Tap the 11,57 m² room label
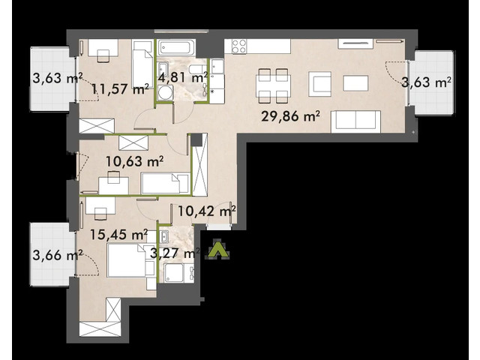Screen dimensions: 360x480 click(x=120, y=90)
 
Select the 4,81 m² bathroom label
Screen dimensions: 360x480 click(x=182, y=77)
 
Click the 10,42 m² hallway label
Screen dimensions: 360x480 click(x=205, y=211)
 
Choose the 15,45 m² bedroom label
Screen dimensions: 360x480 click(x=118, y=235)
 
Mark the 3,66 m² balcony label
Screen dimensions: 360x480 click(x=57, y=256)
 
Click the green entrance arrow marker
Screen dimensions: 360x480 click(x=217, y=250)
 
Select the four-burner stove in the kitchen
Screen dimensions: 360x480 click(x=239, y=46)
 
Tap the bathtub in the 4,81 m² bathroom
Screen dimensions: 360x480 click(x=176, y=47)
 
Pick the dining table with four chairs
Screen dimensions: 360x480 click(x=271, y=82)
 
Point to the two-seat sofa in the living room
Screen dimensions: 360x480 click(x=355, y=121)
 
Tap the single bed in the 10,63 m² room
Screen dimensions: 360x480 click(x=166, y=183)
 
